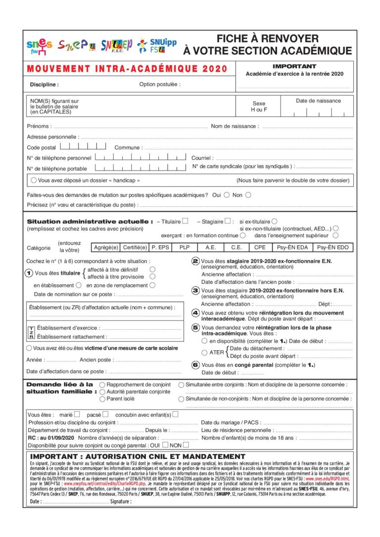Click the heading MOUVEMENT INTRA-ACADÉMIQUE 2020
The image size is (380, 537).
pyautogui.click(x=127, y=69)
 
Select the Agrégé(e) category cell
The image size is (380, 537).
pyautogui.click(x=106, y=247)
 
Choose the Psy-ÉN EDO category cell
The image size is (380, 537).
pyautogui.click(x=332, y=247)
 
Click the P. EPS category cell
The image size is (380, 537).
pyautogui.click(x=161, y=247)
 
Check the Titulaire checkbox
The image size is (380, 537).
pyautogui.click(x=185, y=221)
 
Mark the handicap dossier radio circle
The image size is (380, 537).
pyautogui.click(x=34, y=180)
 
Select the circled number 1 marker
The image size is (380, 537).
pyautogui.click(x=29, y=273)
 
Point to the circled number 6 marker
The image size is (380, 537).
pyautogui.click(x=195, y=365)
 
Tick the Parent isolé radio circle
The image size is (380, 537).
pyautogui.click(x=102, y=399)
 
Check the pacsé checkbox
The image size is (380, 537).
pyautogui.click(x=105, y=414)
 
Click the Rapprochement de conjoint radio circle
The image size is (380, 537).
pyautogui.click(x=102, y=384)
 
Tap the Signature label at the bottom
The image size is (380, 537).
pyautogui.click(x=121, y=501)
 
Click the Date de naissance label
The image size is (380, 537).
pyautogui.click(x=318, y=101)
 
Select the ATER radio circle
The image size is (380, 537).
pyautogui.click(x=204, y=352)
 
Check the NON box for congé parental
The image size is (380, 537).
pyautogui.click(x=186, y=445)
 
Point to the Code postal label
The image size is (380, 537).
pyautogui.click(x=41, y=147)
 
